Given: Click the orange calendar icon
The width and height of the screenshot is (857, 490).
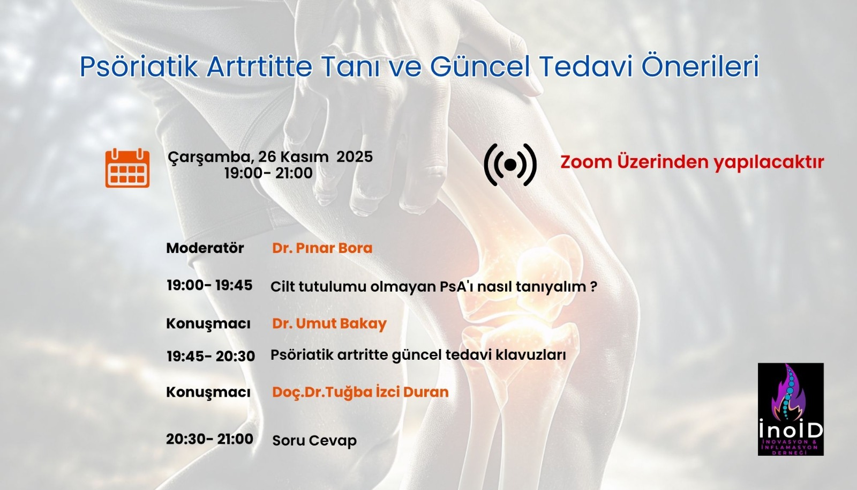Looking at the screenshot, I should [127, 168].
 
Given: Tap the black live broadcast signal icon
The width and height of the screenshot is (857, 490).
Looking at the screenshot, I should [510, 165].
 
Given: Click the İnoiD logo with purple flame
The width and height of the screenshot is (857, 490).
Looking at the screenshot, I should [791, 409].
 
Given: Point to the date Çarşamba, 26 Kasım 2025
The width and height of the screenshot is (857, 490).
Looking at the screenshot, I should [270, 157].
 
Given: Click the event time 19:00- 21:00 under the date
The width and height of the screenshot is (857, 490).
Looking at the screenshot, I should [268, 173].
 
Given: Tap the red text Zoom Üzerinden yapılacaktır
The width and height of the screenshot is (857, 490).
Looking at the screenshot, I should [691, 162].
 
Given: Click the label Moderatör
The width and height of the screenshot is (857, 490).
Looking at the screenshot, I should [205, 248].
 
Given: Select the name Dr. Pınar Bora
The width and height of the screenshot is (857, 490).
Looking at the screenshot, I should [322, 248].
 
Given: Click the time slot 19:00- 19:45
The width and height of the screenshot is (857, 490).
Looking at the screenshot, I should [209, 285].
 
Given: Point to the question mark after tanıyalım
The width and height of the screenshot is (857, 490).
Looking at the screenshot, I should [593, 286].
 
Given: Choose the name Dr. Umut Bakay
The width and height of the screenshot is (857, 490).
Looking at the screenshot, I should [329, 324].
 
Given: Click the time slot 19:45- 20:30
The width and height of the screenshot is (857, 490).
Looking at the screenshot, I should [211, 356].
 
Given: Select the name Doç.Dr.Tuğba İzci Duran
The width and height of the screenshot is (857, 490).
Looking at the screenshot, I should [360, 392].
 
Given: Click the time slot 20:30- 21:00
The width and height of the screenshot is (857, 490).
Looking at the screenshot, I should [209, 439].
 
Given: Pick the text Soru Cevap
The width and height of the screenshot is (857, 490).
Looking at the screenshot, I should [314, 441].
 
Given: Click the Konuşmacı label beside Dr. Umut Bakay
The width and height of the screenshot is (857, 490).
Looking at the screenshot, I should [208, 324].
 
